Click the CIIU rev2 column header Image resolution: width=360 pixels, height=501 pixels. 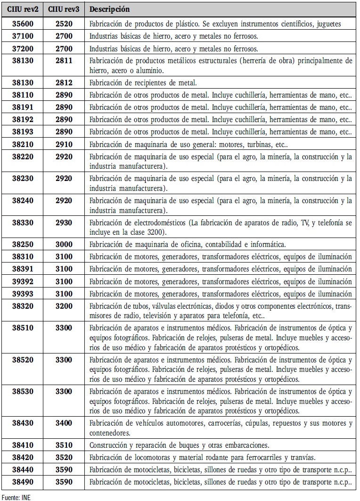point(22,9)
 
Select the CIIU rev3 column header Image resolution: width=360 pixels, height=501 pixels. point(64,9)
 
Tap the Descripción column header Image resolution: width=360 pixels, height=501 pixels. point(109,9)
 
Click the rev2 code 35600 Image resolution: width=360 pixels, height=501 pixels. point(22,24)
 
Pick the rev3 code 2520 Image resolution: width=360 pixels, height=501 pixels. point(64,24)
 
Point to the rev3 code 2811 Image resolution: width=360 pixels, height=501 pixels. point(64,61)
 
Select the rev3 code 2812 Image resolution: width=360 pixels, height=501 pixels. point(64,82)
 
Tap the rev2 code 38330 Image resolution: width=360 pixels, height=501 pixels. point(22,222)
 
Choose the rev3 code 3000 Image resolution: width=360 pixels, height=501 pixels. point(64,244)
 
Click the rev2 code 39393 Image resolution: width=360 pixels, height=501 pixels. point(22,294)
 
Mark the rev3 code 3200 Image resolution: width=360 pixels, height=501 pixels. point(64,306)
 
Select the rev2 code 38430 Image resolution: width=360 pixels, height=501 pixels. point(22,423)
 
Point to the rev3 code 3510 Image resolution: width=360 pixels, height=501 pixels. point(64,445)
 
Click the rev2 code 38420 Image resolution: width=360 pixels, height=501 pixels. point(22,457)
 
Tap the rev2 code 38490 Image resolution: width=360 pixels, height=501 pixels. point(22,482)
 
